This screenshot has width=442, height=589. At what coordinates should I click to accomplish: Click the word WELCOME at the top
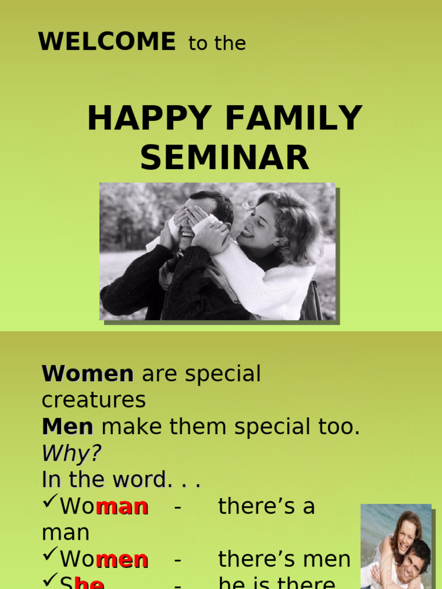pyautogui.click(x=106, y=42)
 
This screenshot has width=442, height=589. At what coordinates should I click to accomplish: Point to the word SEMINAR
pyautogui.click(x=224, y=158)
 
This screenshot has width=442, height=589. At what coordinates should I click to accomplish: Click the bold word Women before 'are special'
pyautogui.click(x=87, y=374)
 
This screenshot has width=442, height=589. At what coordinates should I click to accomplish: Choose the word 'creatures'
pyautogui.click(x=94, y=400)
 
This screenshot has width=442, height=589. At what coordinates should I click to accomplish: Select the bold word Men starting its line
pyautogui.click(x=67, y=427)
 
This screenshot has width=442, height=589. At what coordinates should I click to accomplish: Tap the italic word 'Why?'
pyautogui.click(x=71, y=453)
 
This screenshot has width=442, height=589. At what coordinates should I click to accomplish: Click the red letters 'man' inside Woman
pyautogui.click(x=121, y=507)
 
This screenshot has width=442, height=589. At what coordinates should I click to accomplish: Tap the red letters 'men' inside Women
pyautogui.click(x=121, y=560)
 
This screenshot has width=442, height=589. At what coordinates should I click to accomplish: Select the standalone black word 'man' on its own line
pyautogui.click(x=65, y=533)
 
